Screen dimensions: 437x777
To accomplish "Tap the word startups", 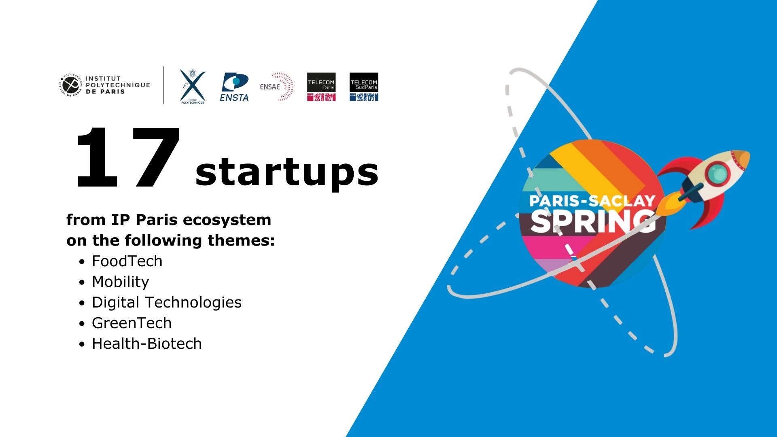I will pyautogui.click(x=287, y=172).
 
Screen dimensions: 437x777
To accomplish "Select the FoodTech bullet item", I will pyautogui.click(x=127, y=261).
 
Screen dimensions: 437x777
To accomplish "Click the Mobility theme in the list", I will pyautogui.click(x=120, y=282).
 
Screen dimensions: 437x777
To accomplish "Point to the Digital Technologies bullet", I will pyautogui.click(x=166, y=303).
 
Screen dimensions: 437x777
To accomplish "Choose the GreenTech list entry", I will pyautogui.click(x=132, y=323).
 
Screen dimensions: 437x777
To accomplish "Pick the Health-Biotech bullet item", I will pyautogui.click(x=146, y=344).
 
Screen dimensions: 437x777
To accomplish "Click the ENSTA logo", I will pyautogui.click(x=234, y=87).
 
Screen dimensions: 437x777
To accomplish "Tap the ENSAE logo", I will pyautogui.click(x=276, y=87).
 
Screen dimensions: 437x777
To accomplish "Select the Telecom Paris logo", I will pyautogui.click(x=321, y=87).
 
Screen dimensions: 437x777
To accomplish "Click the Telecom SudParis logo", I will pyautogui.click(x=364, y=87).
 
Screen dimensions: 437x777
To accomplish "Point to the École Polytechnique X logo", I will pyautogui.click(x=193, y=86).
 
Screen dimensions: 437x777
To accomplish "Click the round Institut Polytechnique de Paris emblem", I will pyautogui.click(x=71, y=85).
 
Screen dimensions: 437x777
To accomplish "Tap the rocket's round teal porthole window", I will pyautogui.click(x=718, y=174).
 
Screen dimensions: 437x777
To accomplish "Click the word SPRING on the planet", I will pyautogui.click(x=593, y=221).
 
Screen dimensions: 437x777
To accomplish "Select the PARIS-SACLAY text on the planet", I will pyautogui.click(x=592, y=201).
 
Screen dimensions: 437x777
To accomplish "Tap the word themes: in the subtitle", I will pyautogui.click(x=241, y=241).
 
